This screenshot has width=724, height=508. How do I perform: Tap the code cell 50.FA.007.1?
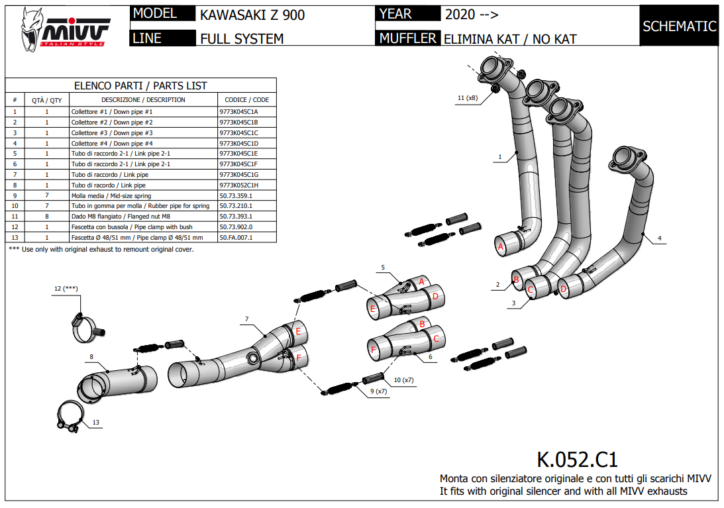236,237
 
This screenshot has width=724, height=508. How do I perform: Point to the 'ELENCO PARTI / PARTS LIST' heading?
140,85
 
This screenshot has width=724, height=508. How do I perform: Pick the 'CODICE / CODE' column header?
246,100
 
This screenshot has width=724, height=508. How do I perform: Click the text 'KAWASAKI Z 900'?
252,15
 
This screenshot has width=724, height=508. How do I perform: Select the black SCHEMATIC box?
679,26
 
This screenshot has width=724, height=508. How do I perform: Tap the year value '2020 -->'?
472,15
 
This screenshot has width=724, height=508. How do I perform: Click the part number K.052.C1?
576,459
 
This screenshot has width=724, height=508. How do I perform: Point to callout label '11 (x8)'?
467,98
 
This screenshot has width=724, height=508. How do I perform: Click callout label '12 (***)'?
66,289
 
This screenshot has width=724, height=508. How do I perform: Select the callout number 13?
95,422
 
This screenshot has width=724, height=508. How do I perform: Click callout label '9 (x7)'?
380,391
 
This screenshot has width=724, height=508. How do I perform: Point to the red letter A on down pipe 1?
501,247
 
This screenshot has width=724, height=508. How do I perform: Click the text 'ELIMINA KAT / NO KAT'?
510,39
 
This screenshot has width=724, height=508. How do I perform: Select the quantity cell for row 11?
47,216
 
